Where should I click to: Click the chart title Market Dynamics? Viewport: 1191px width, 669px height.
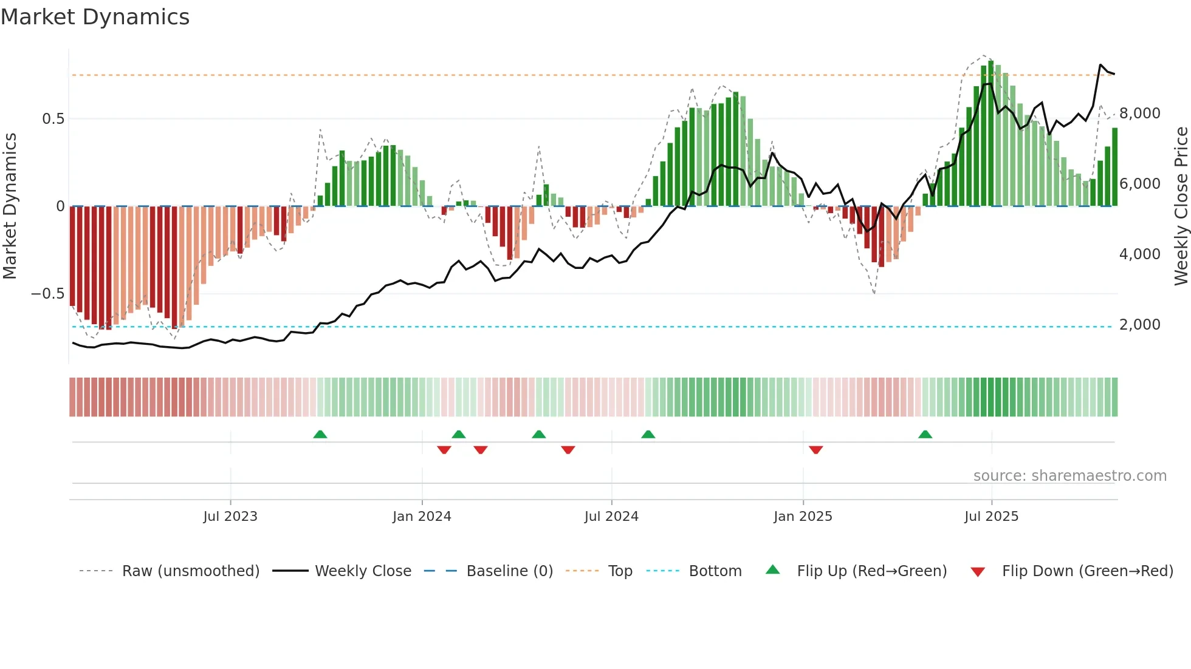click(x=95, y=17)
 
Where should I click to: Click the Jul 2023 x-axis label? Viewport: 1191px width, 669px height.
click(x=230, y=516)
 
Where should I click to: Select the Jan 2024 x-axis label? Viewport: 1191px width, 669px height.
click(x=422, y=516)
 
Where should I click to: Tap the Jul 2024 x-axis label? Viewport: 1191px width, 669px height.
click(x=611, y=516)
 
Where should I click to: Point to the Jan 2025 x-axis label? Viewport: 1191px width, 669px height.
click(x=803, y=516)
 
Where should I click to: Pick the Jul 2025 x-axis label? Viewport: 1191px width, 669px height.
click(x=991, y=516)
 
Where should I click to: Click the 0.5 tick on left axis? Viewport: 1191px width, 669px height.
click(x=53, y=118)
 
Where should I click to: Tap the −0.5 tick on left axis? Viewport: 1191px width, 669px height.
click(x=48, y=294)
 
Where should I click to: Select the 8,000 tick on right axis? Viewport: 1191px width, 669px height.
click(x=1140, y=114)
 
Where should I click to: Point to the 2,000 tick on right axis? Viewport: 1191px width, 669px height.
click(x=1140, y=325)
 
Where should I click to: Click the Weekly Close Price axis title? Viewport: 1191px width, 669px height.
click(x=1181, y=206)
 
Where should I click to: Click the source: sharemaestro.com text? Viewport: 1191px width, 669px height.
click(x=1069, y=475)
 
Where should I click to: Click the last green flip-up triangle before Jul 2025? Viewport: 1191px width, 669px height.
click(x=925, y=434)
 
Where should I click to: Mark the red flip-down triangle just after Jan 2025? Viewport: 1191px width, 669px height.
click(x=815, y=450)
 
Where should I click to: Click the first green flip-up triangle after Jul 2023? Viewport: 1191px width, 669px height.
click(x=320, y=434)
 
